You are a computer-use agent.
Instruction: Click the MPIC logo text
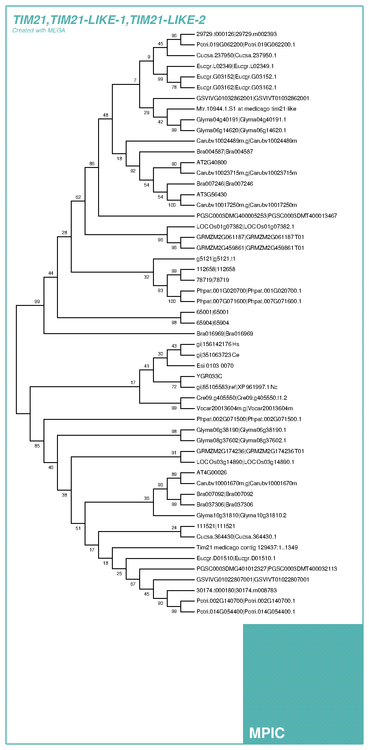[x=267, y=733]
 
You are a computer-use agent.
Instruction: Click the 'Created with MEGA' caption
[x=39, y=30]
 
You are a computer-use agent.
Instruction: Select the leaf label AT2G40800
[x=211, y=162]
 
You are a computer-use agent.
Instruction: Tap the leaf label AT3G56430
[x=211, y=194]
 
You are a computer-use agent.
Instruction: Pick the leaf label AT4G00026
[x=211, y=472]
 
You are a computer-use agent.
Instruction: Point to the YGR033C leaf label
[x=209, y=376]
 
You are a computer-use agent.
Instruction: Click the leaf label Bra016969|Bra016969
[x=225, y=333]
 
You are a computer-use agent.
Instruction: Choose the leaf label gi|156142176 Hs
[x=218, y=344]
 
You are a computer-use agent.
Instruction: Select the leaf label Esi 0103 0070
[x=215, y=366]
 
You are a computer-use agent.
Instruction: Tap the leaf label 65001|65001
[x=212, y=312]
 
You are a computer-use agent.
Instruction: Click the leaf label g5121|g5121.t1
[x=216, y=258]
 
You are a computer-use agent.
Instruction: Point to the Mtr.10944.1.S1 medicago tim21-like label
[x=246, y=109]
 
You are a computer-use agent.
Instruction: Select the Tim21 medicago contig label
[x=247, y=547]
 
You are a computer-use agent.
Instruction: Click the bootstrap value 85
[x=37, y=446]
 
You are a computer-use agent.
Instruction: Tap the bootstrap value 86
[x=92, y=163]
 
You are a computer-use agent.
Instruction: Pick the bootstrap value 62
[x=78, y=197]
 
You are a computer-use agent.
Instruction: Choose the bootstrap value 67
[x=133, y=584]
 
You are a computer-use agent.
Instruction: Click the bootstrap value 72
[x=174, y=387]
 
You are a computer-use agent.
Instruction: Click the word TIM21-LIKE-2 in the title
[x=168, y=20]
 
